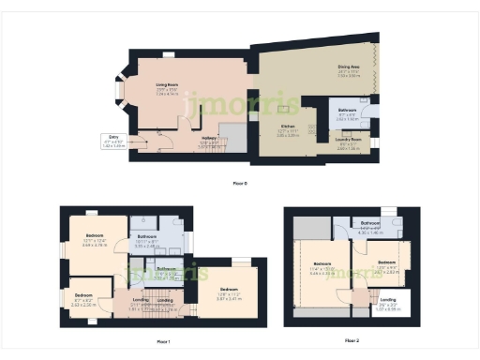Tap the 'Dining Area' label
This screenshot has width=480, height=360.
[349, 69]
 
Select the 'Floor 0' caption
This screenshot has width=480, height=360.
[239, 182]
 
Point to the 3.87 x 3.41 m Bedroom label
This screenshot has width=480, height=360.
[230, 292]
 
